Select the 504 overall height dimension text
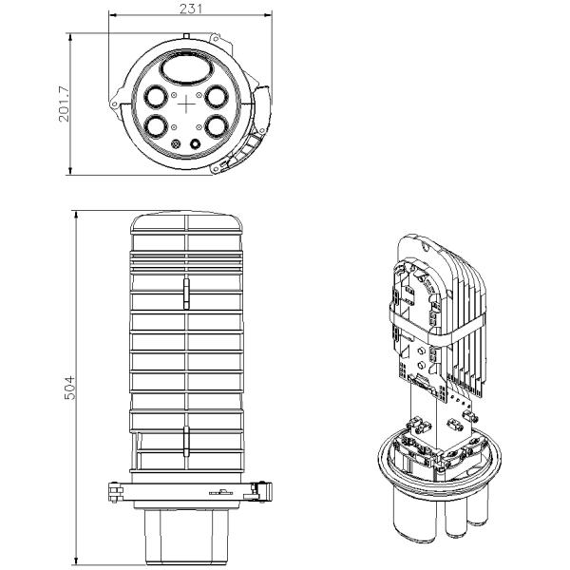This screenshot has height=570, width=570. [x=69, y=384]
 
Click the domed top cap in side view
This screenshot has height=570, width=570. [x=187, y=228]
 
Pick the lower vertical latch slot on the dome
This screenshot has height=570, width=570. [x=187, y=439]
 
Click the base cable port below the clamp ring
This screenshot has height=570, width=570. [x=187, y=532]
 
